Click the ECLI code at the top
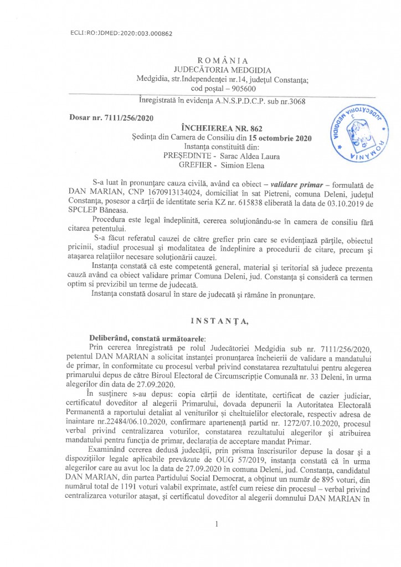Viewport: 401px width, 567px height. click(122, 34)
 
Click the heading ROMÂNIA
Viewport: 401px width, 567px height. click(222, 60)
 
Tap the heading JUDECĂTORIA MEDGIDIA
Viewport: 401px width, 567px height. click(222, 70)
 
